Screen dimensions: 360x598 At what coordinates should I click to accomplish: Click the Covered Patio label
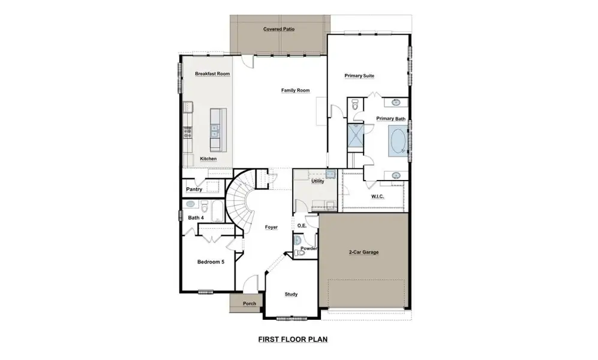click(279, 29)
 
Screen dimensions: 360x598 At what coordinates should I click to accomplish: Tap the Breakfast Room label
click(212, 74)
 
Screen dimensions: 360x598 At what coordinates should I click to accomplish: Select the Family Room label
click(295, 91)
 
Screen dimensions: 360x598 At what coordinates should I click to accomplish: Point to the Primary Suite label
click(359, 76)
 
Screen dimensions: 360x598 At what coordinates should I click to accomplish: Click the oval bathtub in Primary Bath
click(398, 140)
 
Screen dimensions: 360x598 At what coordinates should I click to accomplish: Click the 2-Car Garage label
click(363, 253)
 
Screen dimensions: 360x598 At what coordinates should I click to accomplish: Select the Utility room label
click(317, 181)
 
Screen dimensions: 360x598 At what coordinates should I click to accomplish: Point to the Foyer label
click(271, 227)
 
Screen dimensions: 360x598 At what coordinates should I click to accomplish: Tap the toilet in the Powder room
click(299, 253)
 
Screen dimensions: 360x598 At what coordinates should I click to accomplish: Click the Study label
click(291, 294)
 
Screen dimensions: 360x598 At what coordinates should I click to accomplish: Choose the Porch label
click(249, 304)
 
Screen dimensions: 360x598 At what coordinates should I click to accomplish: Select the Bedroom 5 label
click(211, 262)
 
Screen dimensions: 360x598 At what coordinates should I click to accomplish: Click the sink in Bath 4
click(191, 204)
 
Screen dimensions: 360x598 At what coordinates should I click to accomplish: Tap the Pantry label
click(194, 190)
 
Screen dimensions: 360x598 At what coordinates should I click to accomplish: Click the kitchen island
click(216, 130)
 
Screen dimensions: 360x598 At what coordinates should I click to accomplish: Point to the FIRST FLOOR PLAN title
click(292, 339)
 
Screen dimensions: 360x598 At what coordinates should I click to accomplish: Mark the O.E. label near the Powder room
click(302, 226)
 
